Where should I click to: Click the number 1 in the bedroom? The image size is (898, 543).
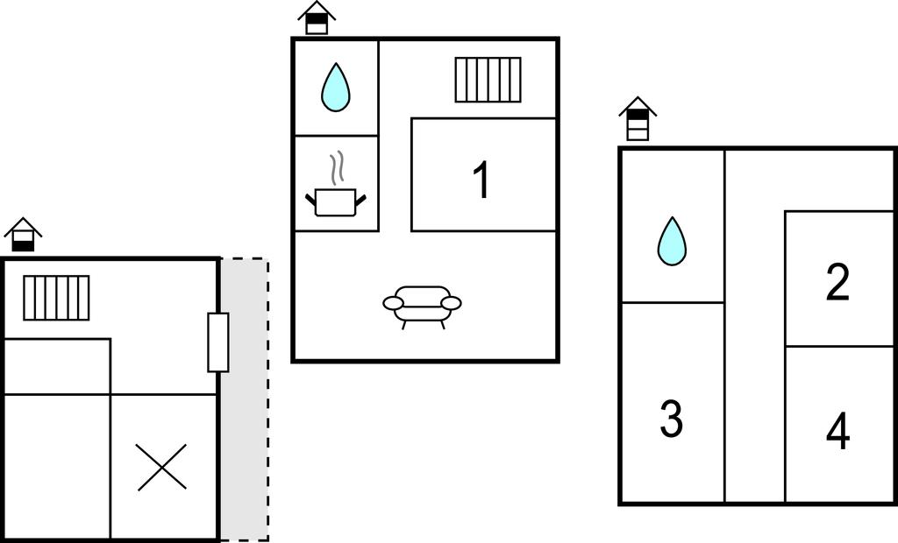481,181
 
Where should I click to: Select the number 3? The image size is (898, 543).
671,419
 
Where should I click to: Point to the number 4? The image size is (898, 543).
837,432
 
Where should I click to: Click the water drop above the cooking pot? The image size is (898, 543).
335,88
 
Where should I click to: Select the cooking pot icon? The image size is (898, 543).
335,201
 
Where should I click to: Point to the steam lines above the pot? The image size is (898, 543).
335,167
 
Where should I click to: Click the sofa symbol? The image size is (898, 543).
422,303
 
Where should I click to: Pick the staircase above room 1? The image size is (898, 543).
488,80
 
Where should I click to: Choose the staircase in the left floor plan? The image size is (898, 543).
56,298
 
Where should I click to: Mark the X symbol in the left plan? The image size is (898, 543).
162,467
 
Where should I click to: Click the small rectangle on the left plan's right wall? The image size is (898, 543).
217,342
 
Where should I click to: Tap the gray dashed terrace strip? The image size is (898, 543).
244,438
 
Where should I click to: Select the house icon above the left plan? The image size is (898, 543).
23,235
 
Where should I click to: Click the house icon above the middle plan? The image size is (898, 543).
317,18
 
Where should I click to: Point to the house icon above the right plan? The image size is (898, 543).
638,119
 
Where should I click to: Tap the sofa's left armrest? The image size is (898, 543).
393,303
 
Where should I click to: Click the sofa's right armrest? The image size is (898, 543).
451,303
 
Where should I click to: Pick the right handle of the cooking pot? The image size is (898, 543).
360,200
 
